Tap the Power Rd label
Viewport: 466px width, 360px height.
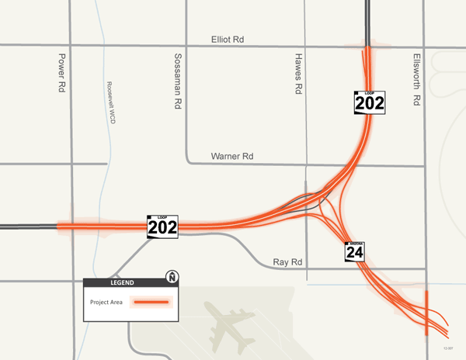coord(62,74)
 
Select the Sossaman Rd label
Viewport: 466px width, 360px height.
coord(178,81)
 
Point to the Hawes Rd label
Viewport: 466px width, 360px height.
coord(297,74)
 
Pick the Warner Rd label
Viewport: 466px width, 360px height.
coord(232,157)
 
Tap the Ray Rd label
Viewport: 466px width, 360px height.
coord(287,262)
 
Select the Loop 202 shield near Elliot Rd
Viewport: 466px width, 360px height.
coord(370,102)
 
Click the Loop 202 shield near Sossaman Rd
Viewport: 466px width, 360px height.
coord(163,226)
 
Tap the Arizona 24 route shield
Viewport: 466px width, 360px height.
coord(355,250)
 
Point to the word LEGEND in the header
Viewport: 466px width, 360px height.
coord(123,282)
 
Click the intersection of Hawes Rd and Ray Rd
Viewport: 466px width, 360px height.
coord(307,269)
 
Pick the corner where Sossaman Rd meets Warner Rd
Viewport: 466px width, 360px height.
coord(186,162)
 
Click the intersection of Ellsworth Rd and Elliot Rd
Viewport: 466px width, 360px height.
coord(426,47)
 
